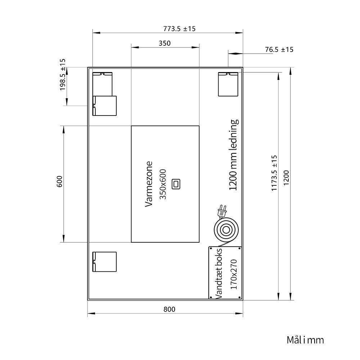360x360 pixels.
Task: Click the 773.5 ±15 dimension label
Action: pyautogui.click(x=179, y=29)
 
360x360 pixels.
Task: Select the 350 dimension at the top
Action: pyautogui.click(x=165, y=43)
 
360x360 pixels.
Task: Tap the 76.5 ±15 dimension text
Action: pyautogui.click(x=279, y=49)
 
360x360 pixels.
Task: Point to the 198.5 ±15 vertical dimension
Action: pyautogui.click(x=63, y=75)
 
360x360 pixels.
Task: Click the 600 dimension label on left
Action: pyautogui.click(x=59, y=181)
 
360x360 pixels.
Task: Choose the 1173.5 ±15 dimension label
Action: pyautogui.click(x=274, y=173)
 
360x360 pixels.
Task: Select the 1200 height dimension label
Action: pyautogui.click(x=286, y=177)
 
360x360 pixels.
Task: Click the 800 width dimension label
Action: pyautogui.click(x=169, y=309)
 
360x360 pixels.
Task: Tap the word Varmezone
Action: pyautogui.click(x=149, y=184)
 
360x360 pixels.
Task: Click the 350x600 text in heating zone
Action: pyautogui.click(x=163, y=184)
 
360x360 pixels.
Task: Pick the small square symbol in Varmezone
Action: pyautogui.click(x=176, y=184)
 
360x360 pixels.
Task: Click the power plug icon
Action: pyautogui.click(x=222, y=211)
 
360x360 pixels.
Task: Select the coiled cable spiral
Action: pyautogui.click(x=226, y=230)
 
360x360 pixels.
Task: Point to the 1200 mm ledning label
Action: pyautogui.click(x=233, y=155)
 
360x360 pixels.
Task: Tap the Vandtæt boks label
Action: pyautogui.click(x=219, y=273)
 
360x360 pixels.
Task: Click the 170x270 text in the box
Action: pyautogui.click(x=233, y=274)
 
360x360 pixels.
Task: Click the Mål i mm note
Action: pyautogui.click(x=305, y=340)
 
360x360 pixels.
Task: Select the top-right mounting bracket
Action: pyautogui.click(x=228, y=84)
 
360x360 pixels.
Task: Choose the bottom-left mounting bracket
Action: pyautogui.click(x=104, y=262)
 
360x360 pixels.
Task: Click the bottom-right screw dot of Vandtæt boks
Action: pyautogui.click(x=240, y=297)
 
